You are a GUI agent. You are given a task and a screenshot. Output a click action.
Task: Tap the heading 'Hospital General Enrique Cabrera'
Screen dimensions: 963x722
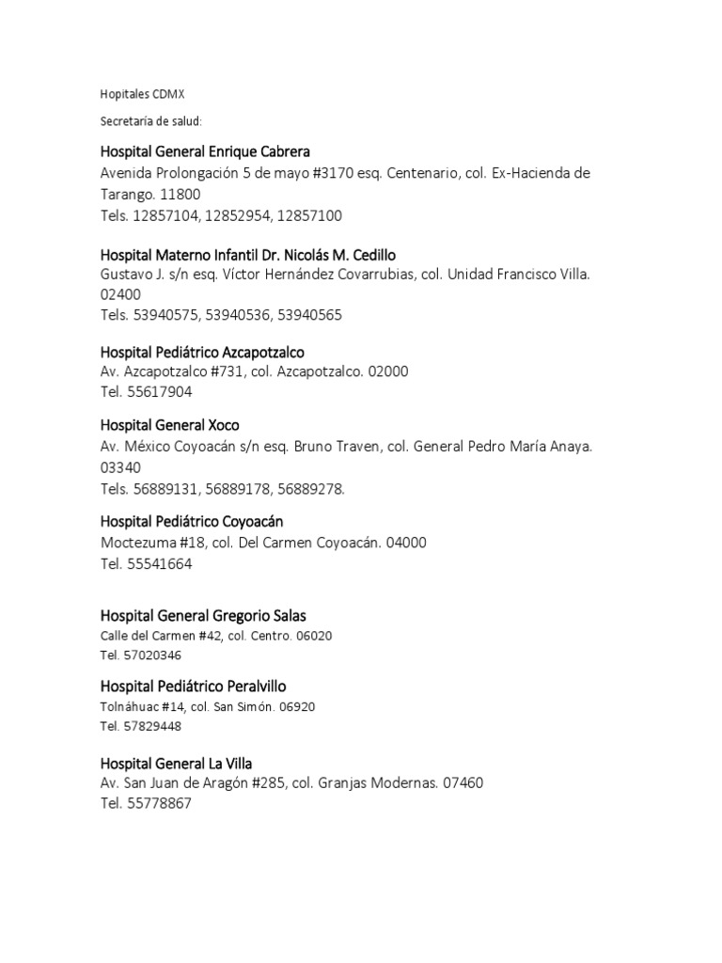pos(205,151)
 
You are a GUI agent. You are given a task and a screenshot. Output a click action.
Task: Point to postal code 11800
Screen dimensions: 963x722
pos(180,195)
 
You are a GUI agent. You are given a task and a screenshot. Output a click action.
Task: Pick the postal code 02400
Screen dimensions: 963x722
pos(121,294)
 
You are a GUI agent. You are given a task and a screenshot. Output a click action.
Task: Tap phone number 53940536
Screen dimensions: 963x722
pos(239,315)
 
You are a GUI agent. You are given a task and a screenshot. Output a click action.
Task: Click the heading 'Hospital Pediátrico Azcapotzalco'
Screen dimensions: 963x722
pos(202,352)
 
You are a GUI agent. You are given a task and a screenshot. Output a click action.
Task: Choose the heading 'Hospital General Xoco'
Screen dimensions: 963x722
pos(169,426)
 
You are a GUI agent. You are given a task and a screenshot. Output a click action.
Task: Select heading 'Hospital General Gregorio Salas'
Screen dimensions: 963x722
pos(203,616)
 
